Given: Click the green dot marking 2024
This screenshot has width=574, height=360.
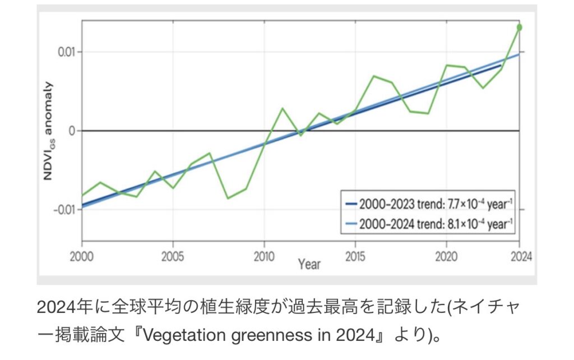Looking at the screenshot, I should click(519, 27).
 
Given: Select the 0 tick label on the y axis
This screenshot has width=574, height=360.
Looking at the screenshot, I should click(71, 131).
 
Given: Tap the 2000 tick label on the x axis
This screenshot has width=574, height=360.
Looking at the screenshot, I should click(82, 257).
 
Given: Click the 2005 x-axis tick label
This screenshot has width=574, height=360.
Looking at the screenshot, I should click(173, 257).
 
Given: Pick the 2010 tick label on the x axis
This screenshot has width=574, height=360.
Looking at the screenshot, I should click(264, 257).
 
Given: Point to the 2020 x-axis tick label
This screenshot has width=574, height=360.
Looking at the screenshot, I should click(446, 257).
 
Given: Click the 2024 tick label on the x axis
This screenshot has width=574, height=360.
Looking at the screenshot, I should click(520, 257).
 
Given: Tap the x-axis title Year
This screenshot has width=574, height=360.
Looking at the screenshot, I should click(309, 264).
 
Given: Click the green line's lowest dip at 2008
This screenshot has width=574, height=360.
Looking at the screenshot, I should click(228, 198).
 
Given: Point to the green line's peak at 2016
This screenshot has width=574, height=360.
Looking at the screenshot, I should click(374, 76).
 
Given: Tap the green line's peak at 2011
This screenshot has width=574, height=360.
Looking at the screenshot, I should click(282, 108).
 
